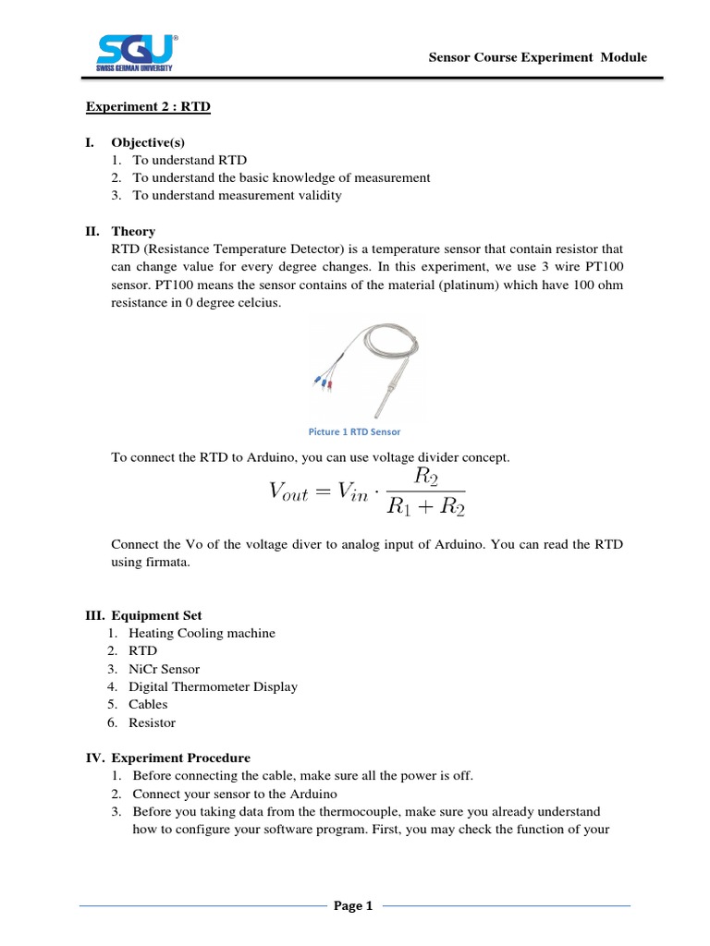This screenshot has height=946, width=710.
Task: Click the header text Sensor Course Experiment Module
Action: (x=538, y=57)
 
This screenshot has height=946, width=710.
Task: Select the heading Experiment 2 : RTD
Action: (x=148, y=107)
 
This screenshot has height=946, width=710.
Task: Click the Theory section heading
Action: (x=133, y=231)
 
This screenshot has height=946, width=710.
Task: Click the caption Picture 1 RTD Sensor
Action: (x=354, y=431)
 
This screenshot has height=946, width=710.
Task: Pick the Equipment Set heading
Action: (x=155, y=615)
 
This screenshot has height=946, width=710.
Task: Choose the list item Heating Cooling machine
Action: (x=202, y=633)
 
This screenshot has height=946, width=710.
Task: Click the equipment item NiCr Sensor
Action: (x=164, y=669)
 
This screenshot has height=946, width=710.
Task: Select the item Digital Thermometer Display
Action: (x=213, y=686)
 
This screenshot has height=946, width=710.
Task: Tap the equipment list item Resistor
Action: (x=152, y=722)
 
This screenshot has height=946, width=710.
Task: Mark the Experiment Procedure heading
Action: (x=180, y=758)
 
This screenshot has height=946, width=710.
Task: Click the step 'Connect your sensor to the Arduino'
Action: (x=235, y=794)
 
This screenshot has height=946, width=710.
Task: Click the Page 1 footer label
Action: (x=354, y=906)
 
